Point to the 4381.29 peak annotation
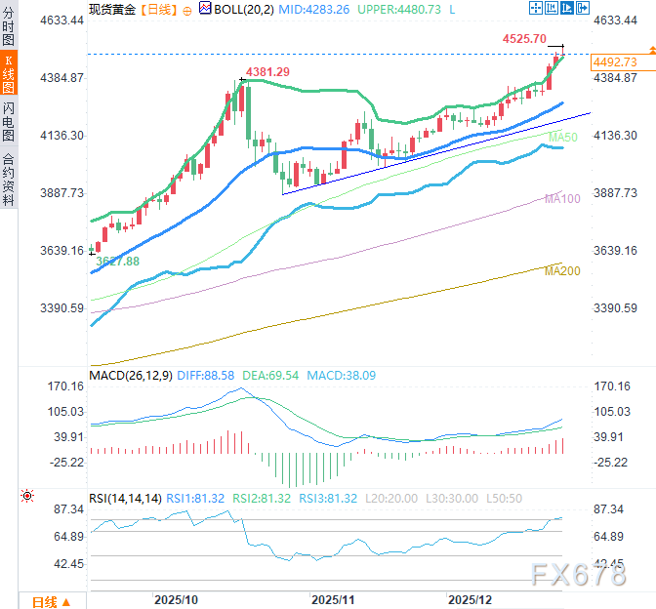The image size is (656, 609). point(267,72)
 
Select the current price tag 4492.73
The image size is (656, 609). point(615,61)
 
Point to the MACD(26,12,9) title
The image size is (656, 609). point(129,375)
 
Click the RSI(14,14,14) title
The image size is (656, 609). point(125,498)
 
